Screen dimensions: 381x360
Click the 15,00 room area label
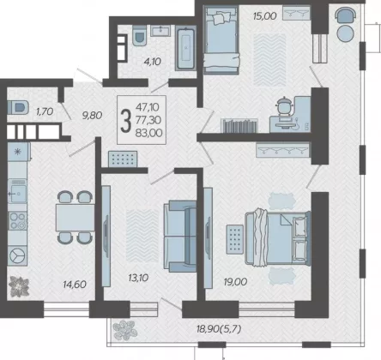point(264,15)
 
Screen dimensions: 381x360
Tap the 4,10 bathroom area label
point(153,61)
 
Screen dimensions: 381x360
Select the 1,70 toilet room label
point(45,111)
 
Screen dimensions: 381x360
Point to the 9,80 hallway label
point(92,115)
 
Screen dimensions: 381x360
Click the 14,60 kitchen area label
point(75,285)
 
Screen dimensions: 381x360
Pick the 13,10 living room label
point(138,278)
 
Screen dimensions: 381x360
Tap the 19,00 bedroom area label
point(235,282)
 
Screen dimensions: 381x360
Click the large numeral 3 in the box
point(126,121)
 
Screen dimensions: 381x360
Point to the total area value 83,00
point(148,133)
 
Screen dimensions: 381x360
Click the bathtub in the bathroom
point(186,48)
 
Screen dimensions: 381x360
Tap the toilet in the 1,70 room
point(18,107)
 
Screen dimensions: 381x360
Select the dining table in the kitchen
point(75,218)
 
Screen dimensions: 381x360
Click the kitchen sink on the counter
point(17,191)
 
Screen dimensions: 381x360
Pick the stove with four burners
point(17,221)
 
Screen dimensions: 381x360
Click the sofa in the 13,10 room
point(180,236)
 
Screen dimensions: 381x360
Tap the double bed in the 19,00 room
point(278,237)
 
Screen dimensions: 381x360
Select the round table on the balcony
point(346,33)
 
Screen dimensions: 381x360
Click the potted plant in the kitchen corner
point(19,286)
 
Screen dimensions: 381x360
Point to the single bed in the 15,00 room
point(221,39)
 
